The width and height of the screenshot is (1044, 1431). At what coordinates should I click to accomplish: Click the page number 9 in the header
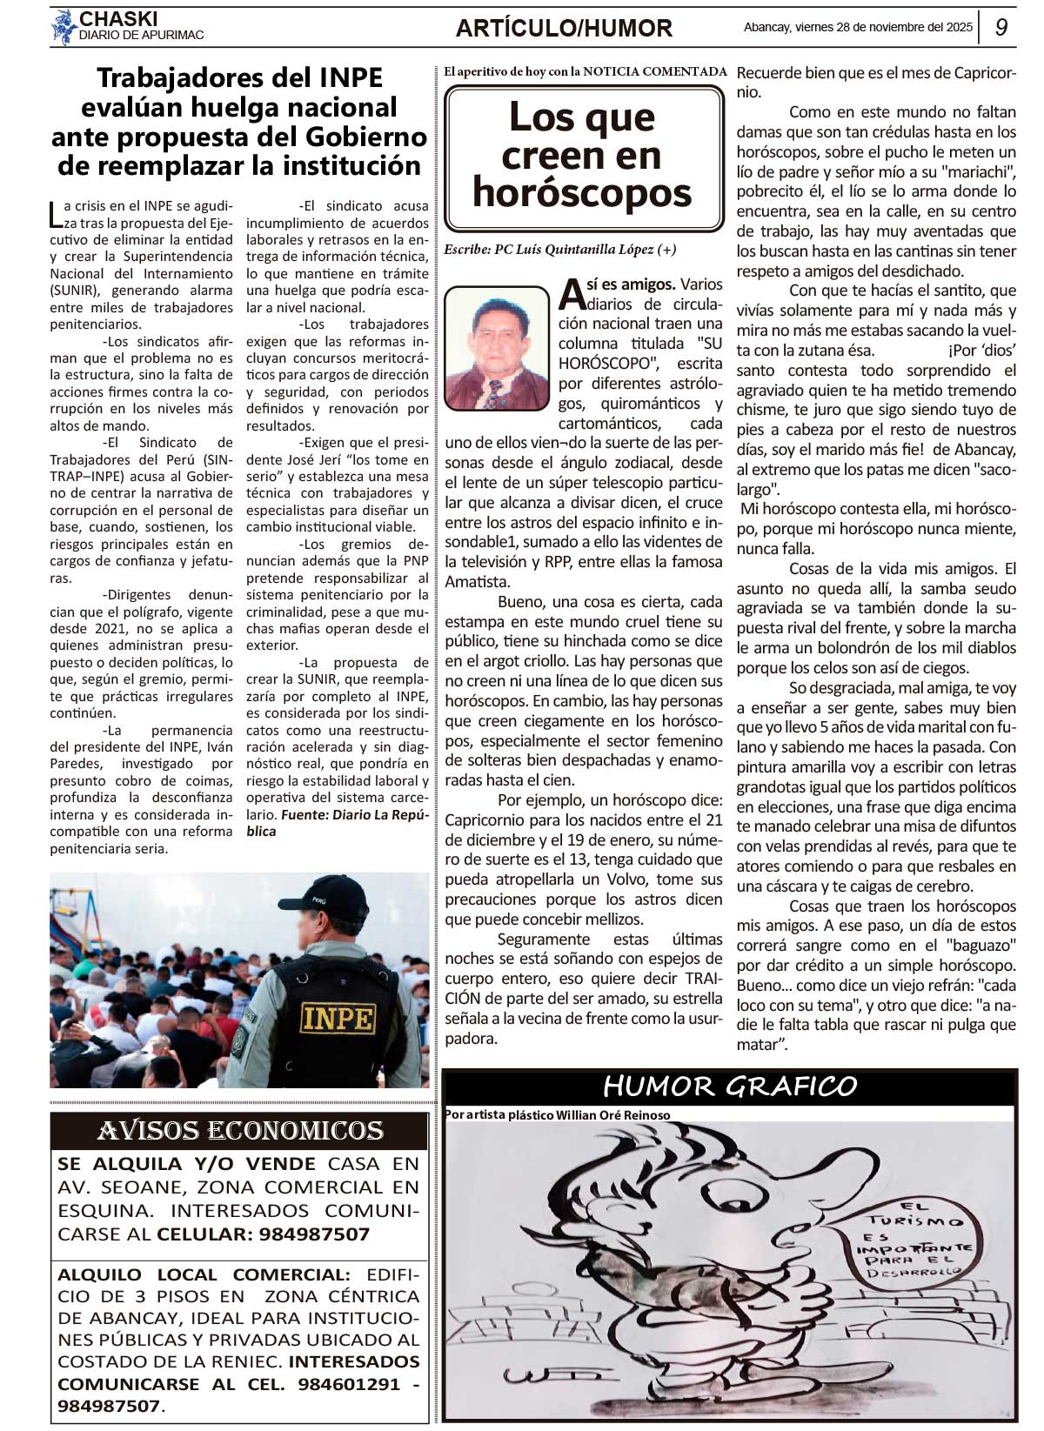click(x=1001, y=27)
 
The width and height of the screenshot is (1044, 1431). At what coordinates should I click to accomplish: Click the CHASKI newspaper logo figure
click(x=63, y=27)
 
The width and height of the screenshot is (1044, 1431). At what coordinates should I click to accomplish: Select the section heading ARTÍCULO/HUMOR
click(x=564, y=29)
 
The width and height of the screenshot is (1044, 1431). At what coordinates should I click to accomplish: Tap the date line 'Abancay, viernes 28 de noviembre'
click(x=858, y=27)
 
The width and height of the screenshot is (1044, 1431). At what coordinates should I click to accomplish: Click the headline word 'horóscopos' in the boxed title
click(x=582, y=193)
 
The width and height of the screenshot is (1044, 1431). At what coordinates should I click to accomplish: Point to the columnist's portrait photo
click(x=496, y=348)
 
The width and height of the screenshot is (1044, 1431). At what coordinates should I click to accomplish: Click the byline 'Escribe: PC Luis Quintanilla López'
click(x=559, y=250)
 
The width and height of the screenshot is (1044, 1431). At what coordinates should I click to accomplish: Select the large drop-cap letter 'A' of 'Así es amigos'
click(x=572, y=293)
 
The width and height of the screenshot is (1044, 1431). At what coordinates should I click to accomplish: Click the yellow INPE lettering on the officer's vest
click(x=338, y=1017)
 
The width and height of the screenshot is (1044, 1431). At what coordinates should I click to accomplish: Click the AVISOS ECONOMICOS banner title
click(x=240, y=1130)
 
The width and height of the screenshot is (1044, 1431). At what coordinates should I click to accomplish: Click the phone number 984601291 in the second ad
click(x=349, y=1384)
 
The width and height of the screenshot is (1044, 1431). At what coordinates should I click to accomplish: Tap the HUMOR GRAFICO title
click(x=730, y=1087)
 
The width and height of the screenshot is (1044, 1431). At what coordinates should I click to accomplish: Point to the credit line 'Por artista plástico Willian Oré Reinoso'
click(x=558, y=1115)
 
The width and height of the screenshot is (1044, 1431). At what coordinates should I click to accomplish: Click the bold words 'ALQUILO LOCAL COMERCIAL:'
click(x=204, y=1274)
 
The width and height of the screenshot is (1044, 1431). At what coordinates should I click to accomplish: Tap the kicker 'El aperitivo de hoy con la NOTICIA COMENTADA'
click(x=585, y=71)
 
